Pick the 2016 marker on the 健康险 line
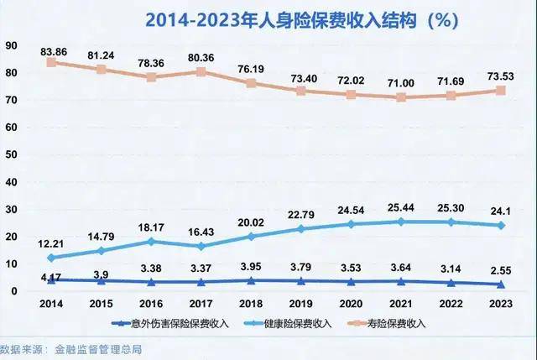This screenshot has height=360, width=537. [151, 241]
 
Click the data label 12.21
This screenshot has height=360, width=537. [52, 243]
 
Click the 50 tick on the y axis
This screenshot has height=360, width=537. [9, 154]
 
